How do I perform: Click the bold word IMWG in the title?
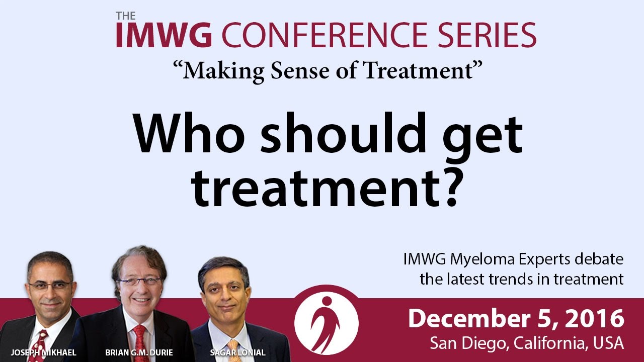pos(164,35)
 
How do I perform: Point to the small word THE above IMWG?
pos(126,16)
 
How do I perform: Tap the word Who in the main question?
pos(190,133)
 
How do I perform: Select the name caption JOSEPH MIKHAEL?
pos(43,352)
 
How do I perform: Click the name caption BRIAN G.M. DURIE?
pos(139,352)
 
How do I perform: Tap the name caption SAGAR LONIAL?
pos(238,352)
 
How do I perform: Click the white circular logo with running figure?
pos(327,323)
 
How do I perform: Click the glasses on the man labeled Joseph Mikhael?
pos(50,285)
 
